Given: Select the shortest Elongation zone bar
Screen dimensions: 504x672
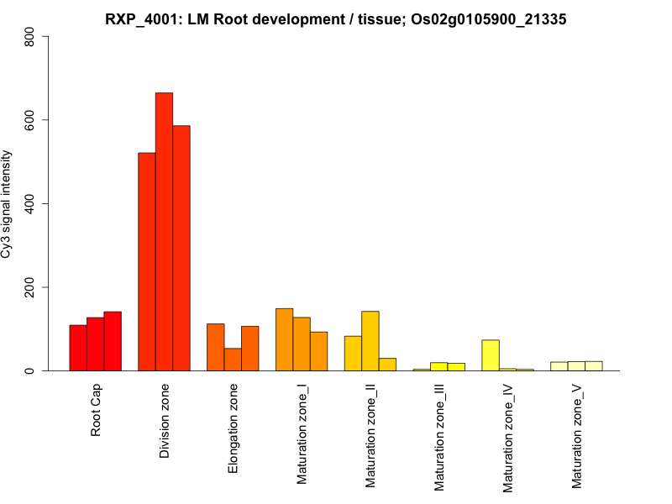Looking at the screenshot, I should (233, 360).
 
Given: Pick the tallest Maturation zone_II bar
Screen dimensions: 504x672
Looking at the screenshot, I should (370, 341).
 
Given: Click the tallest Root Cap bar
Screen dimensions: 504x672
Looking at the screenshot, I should (113, 341).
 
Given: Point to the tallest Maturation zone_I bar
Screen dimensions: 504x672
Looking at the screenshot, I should (284, 339).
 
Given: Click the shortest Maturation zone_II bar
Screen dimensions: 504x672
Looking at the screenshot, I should (387, 365).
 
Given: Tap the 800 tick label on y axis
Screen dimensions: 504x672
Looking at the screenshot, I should (30, 37).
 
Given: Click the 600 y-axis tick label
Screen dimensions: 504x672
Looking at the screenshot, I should (30, 120).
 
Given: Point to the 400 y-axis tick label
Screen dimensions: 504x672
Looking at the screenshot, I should (30, 203).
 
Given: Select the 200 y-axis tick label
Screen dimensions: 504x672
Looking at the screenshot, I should (30, 287).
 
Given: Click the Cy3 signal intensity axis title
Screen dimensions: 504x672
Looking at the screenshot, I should (8, 203).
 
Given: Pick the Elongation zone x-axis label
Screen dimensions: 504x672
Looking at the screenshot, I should (234, 428).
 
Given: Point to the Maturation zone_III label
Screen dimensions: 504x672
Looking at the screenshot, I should (439, 438).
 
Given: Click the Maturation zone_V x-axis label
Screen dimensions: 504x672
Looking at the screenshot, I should (577, 437).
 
